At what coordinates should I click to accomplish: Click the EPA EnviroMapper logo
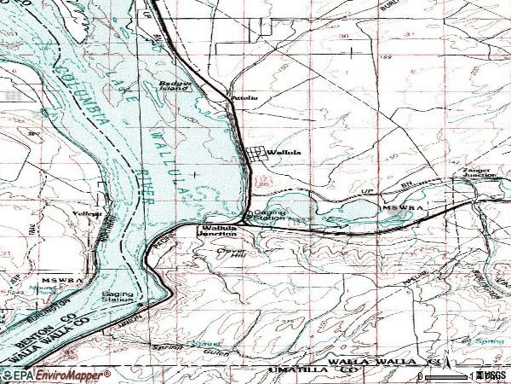(55, 375)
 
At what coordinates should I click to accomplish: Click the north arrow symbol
(445, 352)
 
